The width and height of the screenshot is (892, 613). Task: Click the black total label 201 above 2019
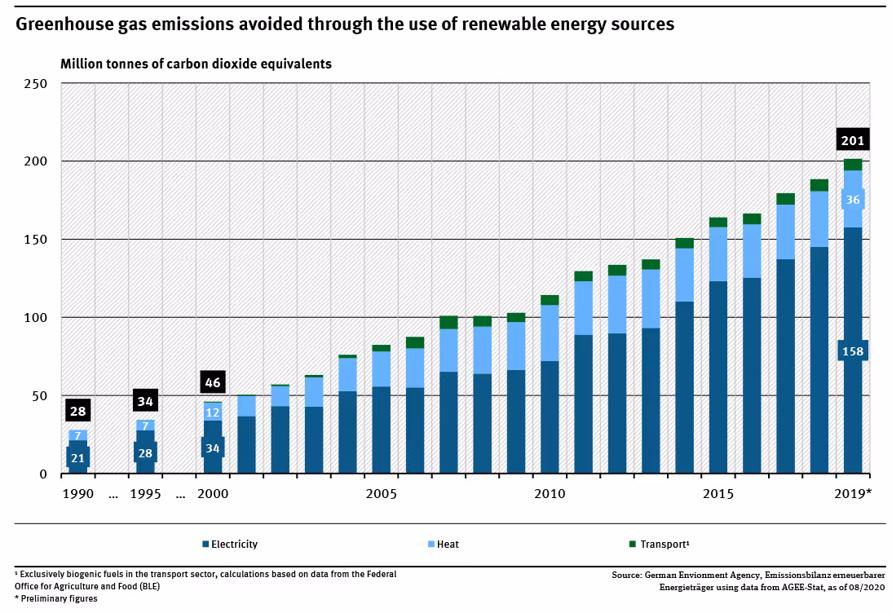click(x=853, y=140)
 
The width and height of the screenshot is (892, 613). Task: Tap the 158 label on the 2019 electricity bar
click(x=853, y=352)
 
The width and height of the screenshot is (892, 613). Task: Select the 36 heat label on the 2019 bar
click(x=853, y=200)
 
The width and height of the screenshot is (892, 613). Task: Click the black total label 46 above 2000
click(x=213, y=382)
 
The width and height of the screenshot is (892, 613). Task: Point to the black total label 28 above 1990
click(x=78, y=411)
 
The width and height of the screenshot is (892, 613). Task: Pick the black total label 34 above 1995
click(x=145, y=401)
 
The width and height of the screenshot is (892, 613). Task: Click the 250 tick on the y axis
click(x=37, y=84)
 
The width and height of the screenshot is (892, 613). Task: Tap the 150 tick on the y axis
click(x=37, y=240)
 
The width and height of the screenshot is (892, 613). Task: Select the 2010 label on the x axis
click(x=550, y=494)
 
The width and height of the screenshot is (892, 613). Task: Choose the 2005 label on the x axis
click(x=381, y=494)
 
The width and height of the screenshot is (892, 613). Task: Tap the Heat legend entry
click(x=448, y=545)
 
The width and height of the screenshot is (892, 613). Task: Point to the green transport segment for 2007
click(x=448, y=322)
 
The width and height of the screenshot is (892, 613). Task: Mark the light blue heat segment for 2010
click(x=550, y=333)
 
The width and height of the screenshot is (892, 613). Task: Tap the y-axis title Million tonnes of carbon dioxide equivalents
click(x=196, y=64)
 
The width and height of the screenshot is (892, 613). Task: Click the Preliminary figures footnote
click(x=56, y=598)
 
